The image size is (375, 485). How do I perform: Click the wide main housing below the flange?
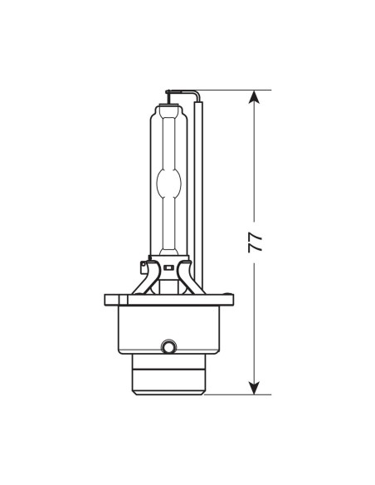(169, 328)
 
